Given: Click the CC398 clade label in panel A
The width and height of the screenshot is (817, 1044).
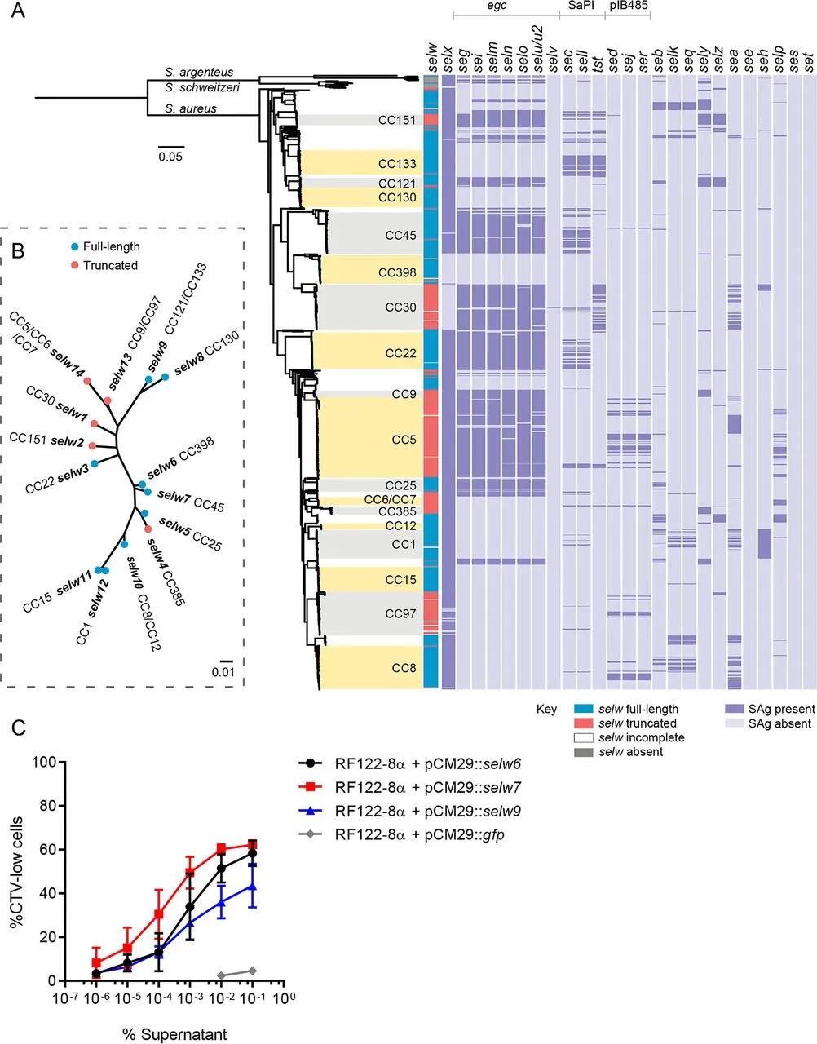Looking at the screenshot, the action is point(397,272).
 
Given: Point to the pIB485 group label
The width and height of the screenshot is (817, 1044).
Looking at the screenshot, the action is point(628,6).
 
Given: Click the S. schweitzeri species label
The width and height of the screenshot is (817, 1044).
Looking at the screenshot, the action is point(201,87).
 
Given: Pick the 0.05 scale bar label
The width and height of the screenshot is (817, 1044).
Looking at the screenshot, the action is point(170,157).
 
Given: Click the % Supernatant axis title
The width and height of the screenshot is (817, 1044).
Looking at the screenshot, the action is point(174,1034).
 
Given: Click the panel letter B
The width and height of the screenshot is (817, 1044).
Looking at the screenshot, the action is point(17,250).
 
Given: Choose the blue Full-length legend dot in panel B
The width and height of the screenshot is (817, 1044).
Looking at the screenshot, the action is point(74,247).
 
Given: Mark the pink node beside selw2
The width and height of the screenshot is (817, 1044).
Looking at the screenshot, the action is point(92,445).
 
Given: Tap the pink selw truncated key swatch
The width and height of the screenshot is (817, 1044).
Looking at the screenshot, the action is point(583,723).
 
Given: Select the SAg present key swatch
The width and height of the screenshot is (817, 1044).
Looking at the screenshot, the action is point(734,709).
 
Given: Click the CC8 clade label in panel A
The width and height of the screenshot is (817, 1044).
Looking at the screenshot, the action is point(404,668).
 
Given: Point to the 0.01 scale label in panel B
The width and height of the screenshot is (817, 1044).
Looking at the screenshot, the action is point(223,671).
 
